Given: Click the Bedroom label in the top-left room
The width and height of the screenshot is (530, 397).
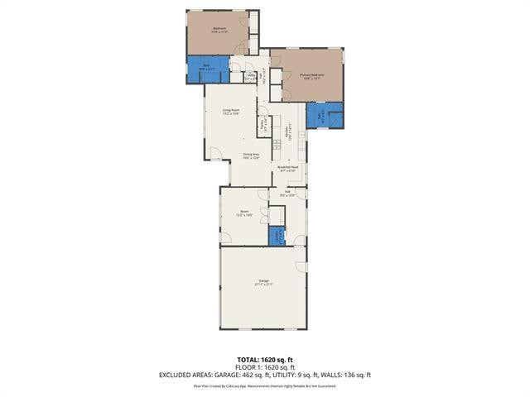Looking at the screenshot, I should point(219,30).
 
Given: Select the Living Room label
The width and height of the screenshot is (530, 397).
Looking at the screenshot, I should point(230,112).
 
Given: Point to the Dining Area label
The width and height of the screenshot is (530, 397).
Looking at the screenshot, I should point(251,156).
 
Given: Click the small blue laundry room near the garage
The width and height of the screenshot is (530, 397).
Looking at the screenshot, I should point(277,236).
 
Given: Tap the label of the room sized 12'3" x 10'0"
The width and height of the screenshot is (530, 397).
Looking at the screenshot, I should point(244,213).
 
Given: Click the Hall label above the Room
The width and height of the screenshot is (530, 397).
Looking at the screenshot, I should point(287,194).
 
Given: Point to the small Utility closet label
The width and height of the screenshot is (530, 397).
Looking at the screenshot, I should point(251,77).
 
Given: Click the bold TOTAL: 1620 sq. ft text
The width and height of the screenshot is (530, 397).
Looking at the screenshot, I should point(264,360).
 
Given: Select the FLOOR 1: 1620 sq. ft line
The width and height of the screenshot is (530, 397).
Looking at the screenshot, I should point(264,367).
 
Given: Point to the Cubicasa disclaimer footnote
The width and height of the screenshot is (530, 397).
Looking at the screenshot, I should point(264,385).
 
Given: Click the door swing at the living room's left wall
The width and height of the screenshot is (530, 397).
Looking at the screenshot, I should point(214,155).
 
